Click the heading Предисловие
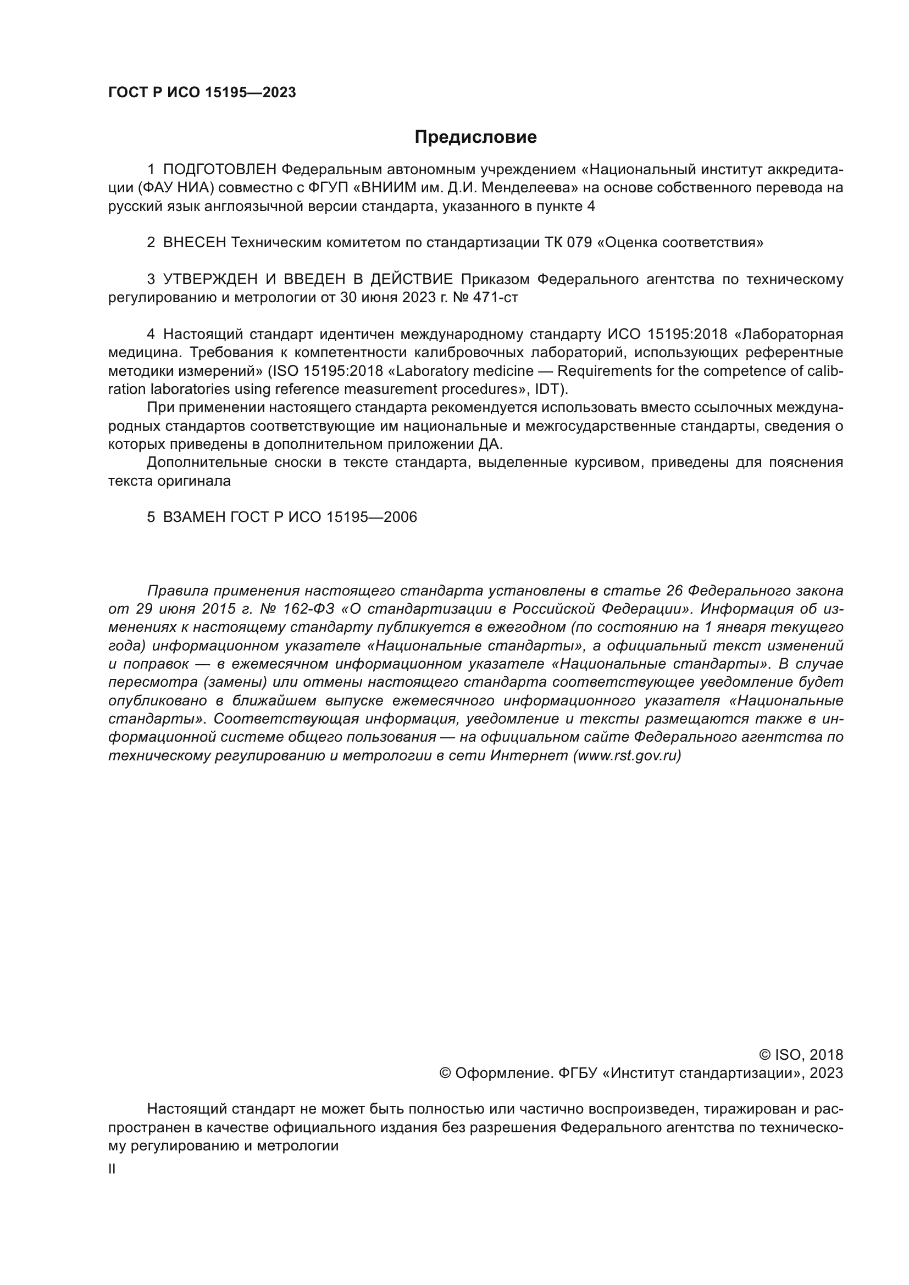tap(475, 137)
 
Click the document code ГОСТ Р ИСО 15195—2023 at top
tap(202, 93)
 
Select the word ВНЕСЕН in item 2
tap(195, 243)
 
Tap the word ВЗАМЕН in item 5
tap(194, 517)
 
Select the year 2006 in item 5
tap(400, 517)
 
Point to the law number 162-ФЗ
tap(308, 609)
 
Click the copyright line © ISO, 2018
tap(800, 1055)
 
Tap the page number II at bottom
tap(112, 1169)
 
